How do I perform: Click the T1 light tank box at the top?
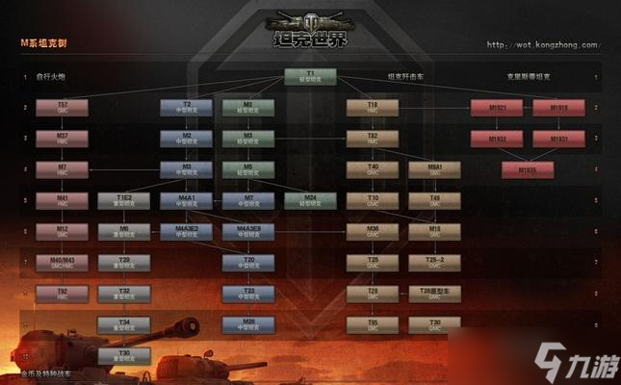click(x=310, y=77)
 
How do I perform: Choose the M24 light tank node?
click(x=310, y=201)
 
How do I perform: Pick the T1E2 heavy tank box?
click(x=124, y=201)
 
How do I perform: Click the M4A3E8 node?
click(x=248, y=232)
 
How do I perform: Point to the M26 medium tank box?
click(x=248, y=324)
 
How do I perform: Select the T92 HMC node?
click(x=63, y=294)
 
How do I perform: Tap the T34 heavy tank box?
click(x=124, y=324)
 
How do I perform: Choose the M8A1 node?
click(x=434, y=170)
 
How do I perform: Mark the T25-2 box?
click(x=434, y=263)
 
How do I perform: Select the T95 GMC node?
click(x=373, y=324)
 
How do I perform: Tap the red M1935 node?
click(x=528, y=170)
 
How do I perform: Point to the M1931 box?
click(x=558, y=139)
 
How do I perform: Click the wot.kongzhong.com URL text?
click(x=542, y=44)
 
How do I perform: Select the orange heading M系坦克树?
click(x=43, y=44)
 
